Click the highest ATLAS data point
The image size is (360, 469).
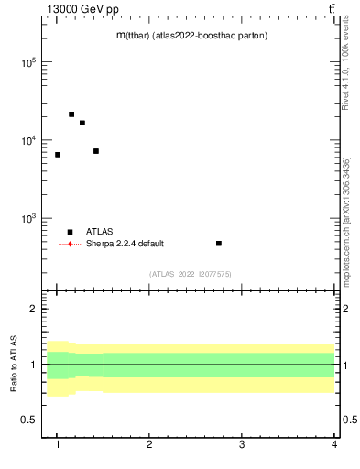[x=71, y=115]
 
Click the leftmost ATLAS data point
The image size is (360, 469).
[x=58, y=155]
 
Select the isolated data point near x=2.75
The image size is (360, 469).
[x=219, y=244]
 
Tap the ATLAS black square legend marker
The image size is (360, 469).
[x=70, y=232]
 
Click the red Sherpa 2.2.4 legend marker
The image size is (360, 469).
[x=70, y=244]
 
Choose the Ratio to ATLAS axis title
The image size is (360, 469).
[x=14, y=365]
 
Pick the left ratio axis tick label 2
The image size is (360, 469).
[x=33, y=309]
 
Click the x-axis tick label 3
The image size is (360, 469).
[x=242, y=445]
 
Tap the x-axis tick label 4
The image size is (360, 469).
[x=333, y=445]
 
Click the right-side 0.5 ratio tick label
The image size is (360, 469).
[x=348, y=420]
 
